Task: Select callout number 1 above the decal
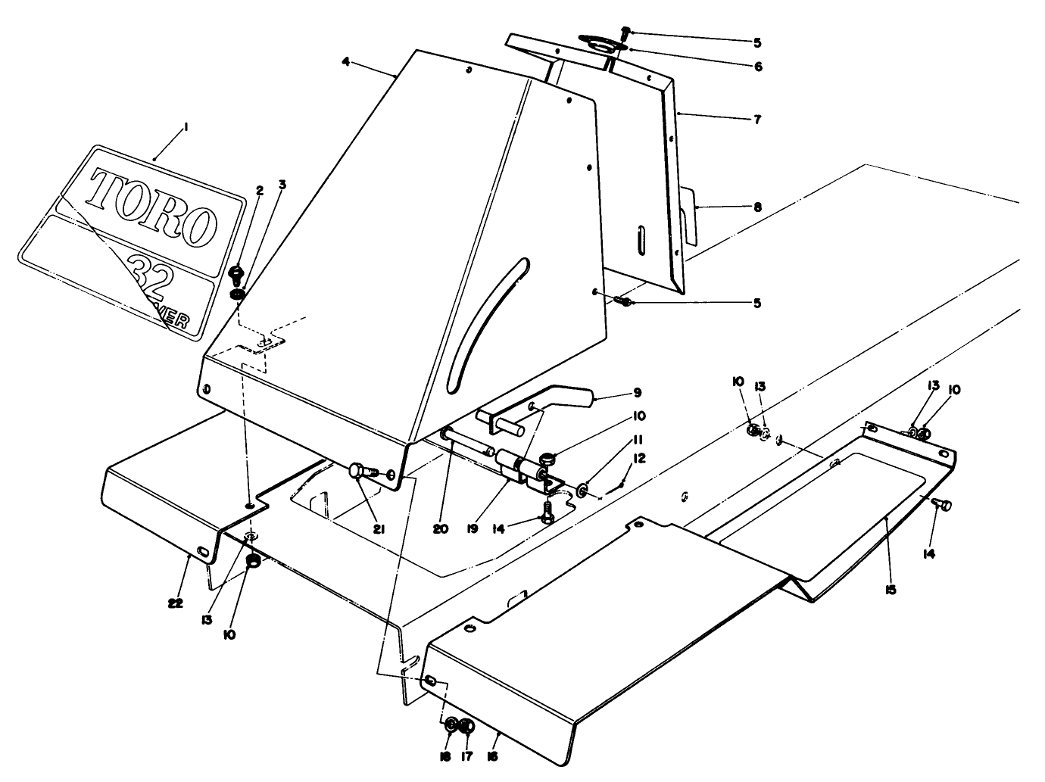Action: coord(186,128)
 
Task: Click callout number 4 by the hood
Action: coord(346,62)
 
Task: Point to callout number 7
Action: coord(756,119)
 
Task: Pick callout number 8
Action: coord(756,206)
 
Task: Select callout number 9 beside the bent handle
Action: coord(637,392)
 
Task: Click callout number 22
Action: coord(176,603)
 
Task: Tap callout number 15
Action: coord(891,589)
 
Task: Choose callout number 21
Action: coord(379,529)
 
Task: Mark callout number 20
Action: coord(441,529)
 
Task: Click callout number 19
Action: coord(473,529)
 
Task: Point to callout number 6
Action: coord(756,66)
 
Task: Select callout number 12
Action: coord(640,459)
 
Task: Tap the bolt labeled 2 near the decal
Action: coord(236,272)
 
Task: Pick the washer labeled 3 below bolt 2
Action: coord(238,293)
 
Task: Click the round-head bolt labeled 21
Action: coord(357,472)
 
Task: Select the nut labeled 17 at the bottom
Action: coord(466,727)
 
